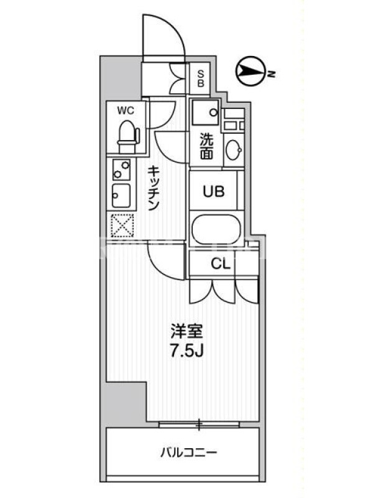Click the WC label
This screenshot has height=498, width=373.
[x=126, y=111]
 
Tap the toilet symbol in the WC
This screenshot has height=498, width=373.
[x=129, y=137]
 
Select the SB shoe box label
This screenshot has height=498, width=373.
[x=200, y=78]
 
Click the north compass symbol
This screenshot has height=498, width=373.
[x=251, y=71]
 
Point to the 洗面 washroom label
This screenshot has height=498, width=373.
[x=206, y=146]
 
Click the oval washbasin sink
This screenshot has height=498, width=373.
[x=234, y=149]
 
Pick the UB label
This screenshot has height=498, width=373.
[x=214, y=192]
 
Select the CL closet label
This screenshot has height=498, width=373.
[x=221, y=263]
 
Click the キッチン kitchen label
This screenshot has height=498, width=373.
[x=153, y=189]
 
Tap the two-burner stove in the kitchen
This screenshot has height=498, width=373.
[x=121, y=169]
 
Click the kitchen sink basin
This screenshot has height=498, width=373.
[x=121, y=195]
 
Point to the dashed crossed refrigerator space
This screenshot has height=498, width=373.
[x=122, y=225]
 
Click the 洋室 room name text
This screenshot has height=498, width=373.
[x=186, y=332]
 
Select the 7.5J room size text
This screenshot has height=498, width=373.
[x=186, y=350]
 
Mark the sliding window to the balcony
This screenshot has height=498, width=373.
[x=199, y=425]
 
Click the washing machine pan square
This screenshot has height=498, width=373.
[x=205, y=112]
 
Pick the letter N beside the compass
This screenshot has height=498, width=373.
[x=271, y=74]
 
